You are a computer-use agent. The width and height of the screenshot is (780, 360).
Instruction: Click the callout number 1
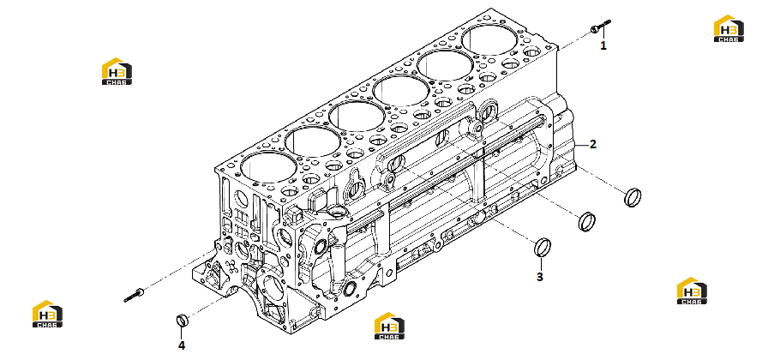point(603,45)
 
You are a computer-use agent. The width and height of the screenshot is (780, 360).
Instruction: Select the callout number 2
point(592,145)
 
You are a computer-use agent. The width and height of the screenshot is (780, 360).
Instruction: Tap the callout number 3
point(540,277)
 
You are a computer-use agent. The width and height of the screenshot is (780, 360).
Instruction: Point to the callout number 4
point(182,345)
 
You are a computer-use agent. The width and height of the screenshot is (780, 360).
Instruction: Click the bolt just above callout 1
point(600,27)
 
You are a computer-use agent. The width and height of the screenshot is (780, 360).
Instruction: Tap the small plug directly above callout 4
point(182,320)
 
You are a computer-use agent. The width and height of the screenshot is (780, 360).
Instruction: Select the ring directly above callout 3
point(543,248)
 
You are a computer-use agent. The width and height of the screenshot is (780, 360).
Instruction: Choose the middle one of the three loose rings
point(587,221)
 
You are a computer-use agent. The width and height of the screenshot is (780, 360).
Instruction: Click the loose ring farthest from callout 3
point(633,197)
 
